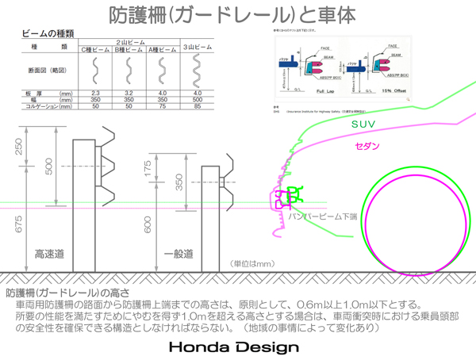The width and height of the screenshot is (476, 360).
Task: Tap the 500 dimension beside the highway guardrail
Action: [49, 167]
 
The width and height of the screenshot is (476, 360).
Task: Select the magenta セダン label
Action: [367, 147]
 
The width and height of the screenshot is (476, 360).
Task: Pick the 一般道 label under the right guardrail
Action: [178, 255]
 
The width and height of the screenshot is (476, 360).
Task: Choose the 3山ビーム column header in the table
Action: [198, 48]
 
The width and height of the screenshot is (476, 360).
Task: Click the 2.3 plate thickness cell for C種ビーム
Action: [95, 94]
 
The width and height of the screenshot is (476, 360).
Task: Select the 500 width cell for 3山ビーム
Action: [198, 100]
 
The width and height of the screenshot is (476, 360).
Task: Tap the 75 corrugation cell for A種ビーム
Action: [163, 106]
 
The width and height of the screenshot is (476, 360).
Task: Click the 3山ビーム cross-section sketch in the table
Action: [198, 71]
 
